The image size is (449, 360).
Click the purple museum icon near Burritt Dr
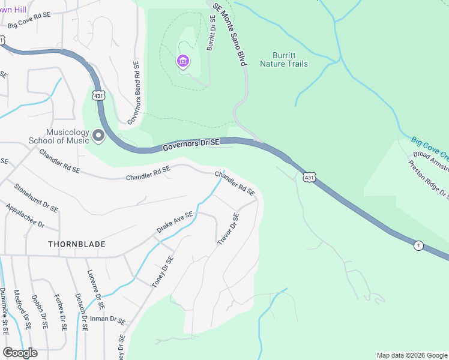pyautogui.click(x=182, y=61)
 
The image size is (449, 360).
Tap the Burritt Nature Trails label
pyautogui.click(x=284, y=59)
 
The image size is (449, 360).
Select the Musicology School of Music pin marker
pyautogui.click(x=98, y=137)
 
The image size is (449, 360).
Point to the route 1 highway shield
pyautogui.click(x=418, y=245)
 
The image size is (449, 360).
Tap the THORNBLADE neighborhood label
pyautogui.click(x=77, y=244)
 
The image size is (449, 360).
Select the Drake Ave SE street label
pyautogui.click(x=175, y=222)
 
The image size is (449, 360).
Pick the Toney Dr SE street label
pyautogui.click(x=162, y=272)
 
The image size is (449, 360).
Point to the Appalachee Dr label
pyautogui.click(x=25, y=215)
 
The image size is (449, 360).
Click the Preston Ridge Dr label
pyautogui.click(x=429, y=178)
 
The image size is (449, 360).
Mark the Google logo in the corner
pyautogui.click(x=20, y=353)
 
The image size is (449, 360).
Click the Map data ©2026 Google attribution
pyautogui.click(x=412, y=355)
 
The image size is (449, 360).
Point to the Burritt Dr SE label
pyautogui.click(x=211, y=34)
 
